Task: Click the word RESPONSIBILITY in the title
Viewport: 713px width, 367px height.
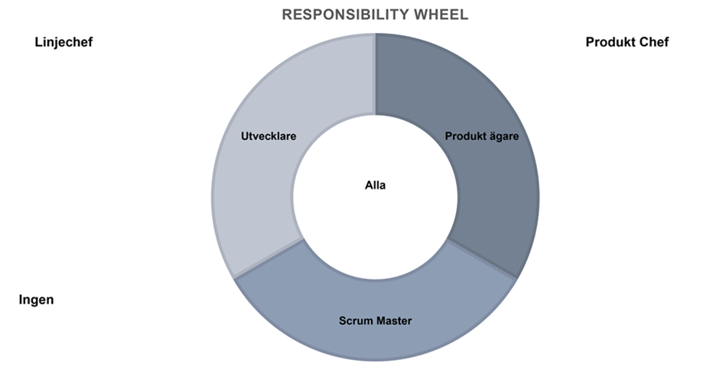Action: click(x=346, y=15)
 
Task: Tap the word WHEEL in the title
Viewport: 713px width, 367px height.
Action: click(x=441, y=15)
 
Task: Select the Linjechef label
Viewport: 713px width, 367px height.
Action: click(x=63, y=42)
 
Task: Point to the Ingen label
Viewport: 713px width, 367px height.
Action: click(x=37, y=300)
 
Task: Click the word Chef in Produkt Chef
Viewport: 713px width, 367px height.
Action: click(x=654, y=42)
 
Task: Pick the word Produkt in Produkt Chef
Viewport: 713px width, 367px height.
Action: click(x=610, y=42)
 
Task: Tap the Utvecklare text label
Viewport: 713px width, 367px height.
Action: click(x=269, y=136)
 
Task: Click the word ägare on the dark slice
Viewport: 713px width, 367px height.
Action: click(x=503, y=137)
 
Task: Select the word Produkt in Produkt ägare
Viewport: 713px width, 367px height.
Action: click(x=464, y=136)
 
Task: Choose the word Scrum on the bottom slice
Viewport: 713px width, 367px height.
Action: click(x=353, y=321)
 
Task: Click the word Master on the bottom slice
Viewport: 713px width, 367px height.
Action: click(x=392, y=321)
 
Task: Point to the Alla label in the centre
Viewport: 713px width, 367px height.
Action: click(x=375, y=185)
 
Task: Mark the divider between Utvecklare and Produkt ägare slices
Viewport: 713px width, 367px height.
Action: click(x=376, y=74)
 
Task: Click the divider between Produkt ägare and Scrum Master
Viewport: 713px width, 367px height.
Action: click(x=482, y=258)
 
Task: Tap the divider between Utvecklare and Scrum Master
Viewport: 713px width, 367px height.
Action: click(x=269, y=258)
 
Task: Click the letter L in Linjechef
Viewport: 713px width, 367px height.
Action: click(x=38, y=42)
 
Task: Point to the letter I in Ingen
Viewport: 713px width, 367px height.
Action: click(x=21, y=300)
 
